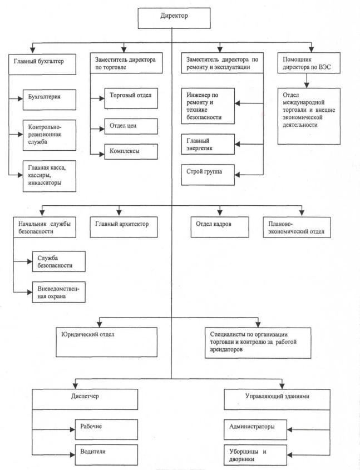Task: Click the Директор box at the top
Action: pyautogui.click(x=174, y=18)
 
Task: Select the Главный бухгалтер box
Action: pyautogui.click(x=42, y=64)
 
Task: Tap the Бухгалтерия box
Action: pyautogui.click(x=50, y=100)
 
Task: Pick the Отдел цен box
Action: pyautogui.click(x=131, y=126)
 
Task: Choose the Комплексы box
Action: pyautogui.click(x=131, y=152)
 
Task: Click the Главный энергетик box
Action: pyautogui.click(x=208, y=144)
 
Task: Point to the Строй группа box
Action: pyautogui.click(x=208, y=175)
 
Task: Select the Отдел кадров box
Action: pyautogui.click(x=220, y=227)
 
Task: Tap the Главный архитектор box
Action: pyautogui.click(x=124, y=227)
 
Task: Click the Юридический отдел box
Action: pyautogui.click(x=106, y=342)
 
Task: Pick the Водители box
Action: pyautogui.click(x=106, y=455)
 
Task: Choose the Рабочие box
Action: pyautogui.click(x=106, y=429)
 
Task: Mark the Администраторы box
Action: pyautogui.click(x=255, y=429)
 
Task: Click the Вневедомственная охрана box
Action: pyautogui.click(x=59, y=292)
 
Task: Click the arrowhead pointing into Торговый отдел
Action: pyautogui.click(x=102, y=98)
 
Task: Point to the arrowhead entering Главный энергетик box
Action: pyautogui.click(x=238, y=144)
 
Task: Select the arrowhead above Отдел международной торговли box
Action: pyautogui.click(x=307, y=85)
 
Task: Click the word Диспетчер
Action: pyautogui.click(x=85, y=396)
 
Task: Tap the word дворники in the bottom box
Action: pyautogui.click(x=241, y=459)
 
